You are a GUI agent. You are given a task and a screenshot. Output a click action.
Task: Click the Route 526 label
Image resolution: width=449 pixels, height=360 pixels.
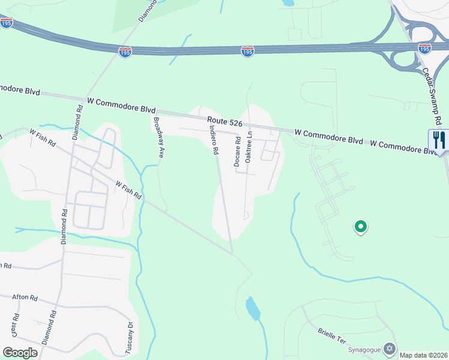[225, 122]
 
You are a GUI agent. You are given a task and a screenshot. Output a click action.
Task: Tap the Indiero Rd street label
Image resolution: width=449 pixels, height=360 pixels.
[213, 140]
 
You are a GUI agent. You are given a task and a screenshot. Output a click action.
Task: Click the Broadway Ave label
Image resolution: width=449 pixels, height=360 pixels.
[158, 137]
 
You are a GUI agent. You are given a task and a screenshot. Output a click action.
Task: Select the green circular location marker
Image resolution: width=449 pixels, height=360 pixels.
[361, 227]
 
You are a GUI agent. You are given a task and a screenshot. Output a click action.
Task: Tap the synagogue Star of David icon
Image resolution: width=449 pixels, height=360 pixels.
[390, 348]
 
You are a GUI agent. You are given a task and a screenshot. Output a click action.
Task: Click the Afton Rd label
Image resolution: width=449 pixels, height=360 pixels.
[25, 298]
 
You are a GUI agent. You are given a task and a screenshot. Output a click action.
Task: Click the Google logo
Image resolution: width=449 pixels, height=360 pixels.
[20, 352]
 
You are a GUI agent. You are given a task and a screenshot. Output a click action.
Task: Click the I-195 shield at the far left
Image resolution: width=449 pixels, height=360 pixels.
[7, 22]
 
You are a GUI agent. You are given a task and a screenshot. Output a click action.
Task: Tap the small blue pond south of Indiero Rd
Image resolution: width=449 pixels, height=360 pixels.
[253, 309]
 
